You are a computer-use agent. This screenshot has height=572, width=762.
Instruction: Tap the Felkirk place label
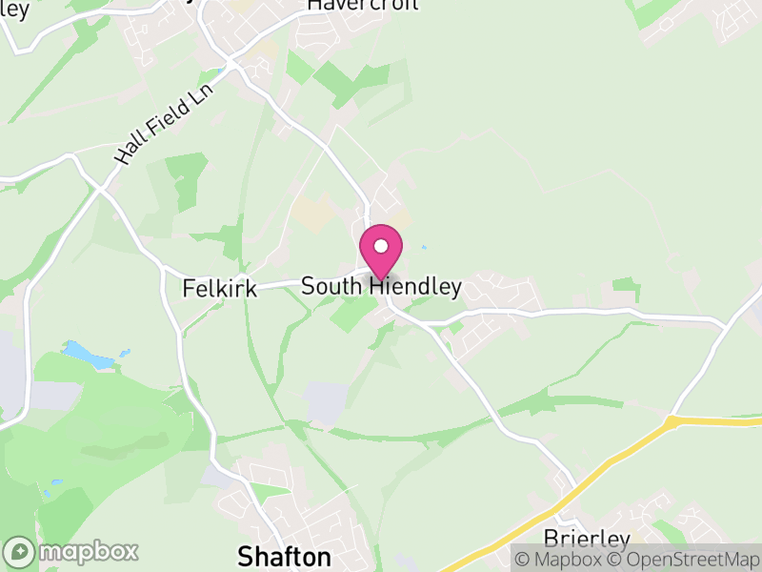[x=220, y=287]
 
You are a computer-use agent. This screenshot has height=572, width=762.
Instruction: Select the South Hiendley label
[x=381, y=286]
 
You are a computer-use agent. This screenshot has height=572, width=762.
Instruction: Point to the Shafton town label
[x=284, y=556]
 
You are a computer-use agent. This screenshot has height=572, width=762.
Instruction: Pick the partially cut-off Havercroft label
[x=351, y=6]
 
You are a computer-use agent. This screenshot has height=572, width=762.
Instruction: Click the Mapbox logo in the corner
[x=72, y=551]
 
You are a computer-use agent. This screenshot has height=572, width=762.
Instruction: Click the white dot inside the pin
[x=381, y=246]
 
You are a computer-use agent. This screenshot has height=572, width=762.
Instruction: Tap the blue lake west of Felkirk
[x=88, y=356]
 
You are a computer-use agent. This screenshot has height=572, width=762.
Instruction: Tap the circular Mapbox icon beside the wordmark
[x=19, y=551]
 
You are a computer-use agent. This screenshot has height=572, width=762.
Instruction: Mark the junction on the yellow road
[x=673, y=420]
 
